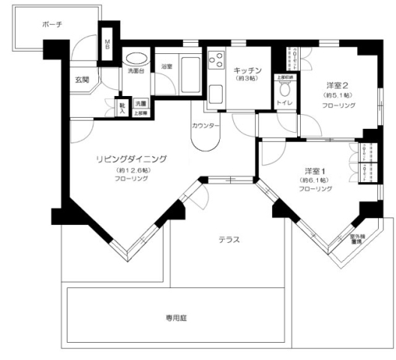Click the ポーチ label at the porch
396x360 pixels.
pos(52,25)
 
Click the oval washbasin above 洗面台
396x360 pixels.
pos(136,58)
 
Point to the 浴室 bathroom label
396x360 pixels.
pos(166,67)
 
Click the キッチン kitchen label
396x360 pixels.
pos(245,69)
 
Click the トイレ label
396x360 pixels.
pos(285,102)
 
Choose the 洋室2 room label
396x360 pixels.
pos(335,85)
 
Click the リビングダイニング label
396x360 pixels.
pos(130,159)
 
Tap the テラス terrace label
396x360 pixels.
pos(229,240)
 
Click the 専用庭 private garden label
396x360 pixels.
pos(176,318)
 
